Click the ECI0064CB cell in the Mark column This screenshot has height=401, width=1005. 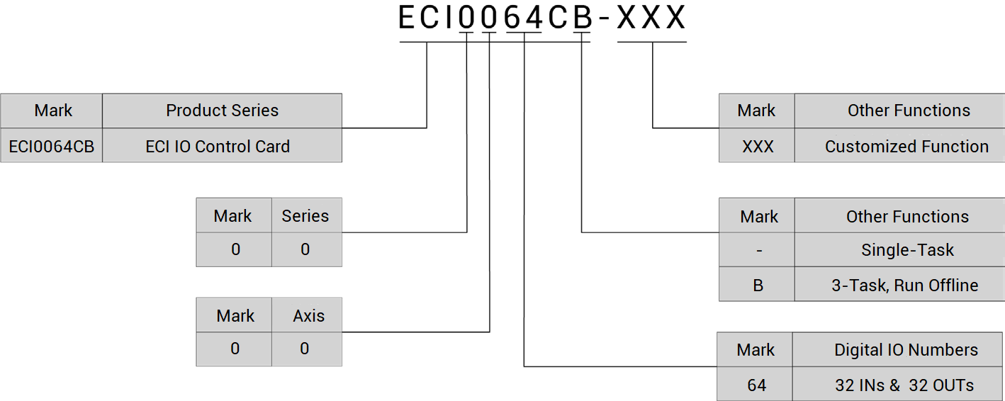pos(51,147)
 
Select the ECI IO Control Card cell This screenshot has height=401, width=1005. pos(218,147)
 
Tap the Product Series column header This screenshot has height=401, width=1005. pos(222,111)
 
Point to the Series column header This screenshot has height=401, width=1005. pos(305,216)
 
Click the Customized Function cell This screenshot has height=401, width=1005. pos(906,147)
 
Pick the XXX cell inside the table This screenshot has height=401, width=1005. pos(758,147)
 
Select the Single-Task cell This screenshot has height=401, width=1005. pos(907,250)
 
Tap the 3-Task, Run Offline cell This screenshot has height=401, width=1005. pos(904,286)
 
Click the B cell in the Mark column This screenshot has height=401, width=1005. pos(758,286)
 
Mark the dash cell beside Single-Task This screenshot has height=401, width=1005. pos(758,250)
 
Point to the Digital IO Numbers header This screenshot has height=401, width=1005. pos(906,350)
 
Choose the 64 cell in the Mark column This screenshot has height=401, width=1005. pos(756,385)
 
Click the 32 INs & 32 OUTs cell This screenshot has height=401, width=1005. pos(904,385)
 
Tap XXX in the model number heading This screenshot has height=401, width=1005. pos(651,18)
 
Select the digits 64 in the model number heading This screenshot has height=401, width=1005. pos(523,18)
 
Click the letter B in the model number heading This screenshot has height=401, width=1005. pos(582,18)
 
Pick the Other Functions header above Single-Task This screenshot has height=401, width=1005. pos(907,216)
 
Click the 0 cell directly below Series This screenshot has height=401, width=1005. pos(305,249)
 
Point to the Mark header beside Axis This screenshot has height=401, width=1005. pos(235,315)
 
